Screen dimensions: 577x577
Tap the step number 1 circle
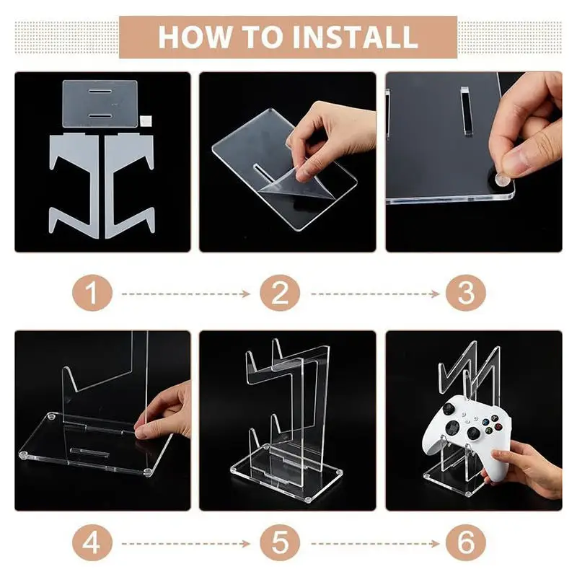pos(92,294)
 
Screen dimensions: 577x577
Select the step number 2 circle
pos(280,294)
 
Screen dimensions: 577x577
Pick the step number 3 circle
pos(465,294)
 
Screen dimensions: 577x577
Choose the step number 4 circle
pos(92,543)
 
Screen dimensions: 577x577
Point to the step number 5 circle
pos(280,543)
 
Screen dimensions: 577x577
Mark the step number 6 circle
pos(465,543)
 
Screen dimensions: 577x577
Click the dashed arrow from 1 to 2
pos(186,294)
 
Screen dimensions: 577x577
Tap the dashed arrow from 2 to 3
pos(375,294)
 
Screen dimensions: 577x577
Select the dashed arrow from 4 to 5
pos(186,544)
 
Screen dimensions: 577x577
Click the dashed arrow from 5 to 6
pos(375,544)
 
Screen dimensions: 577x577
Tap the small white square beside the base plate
pos(146,120)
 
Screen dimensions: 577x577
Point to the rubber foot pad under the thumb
pos(502,180)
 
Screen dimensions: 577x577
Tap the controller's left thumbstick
pos(449,408)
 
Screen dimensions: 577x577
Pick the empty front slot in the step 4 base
pos(89,452)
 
